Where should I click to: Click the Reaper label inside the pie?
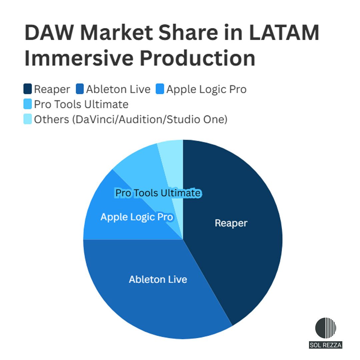coord(231,223)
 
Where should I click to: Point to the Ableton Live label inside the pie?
coord(158,279)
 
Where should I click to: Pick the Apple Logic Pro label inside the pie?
coord(137,217)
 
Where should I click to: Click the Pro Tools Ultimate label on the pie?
coord(158,193)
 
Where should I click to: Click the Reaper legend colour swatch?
coord(28,89)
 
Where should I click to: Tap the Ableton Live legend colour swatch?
coord(80,89)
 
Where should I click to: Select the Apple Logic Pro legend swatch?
coord(160,89)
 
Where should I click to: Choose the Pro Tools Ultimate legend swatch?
coord(28,104)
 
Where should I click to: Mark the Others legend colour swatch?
coord(28,119)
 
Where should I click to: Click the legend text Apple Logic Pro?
coord(206,89)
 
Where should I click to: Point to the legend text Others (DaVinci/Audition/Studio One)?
coord(131,119)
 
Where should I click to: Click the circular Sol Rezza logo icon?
coord(326,328)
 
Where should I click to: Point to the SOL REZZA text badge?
coord(326,345)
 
